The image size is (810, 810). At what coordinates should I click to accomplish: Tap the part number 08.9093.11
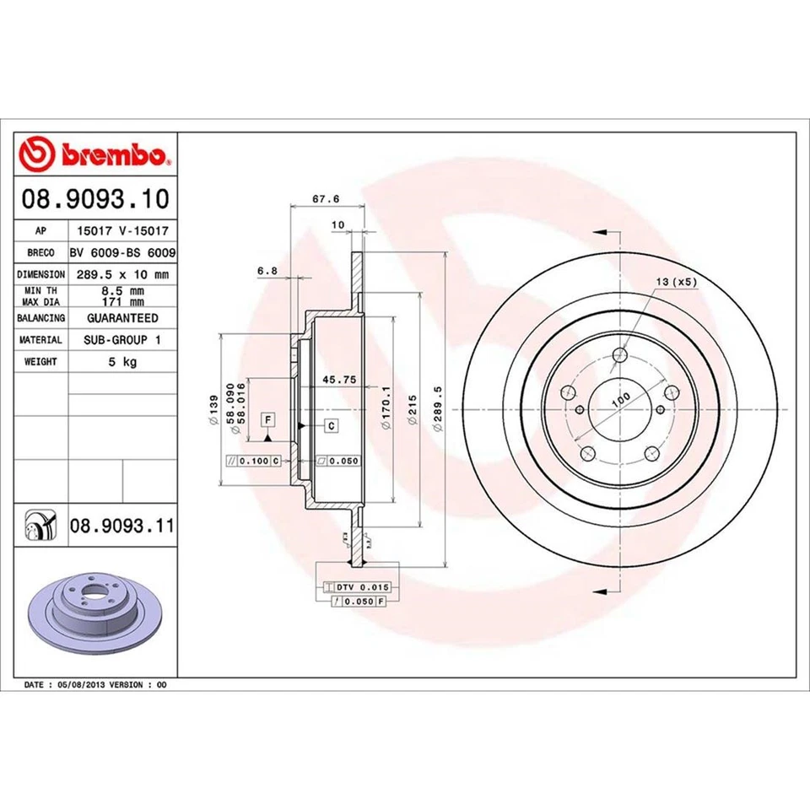[121, 526]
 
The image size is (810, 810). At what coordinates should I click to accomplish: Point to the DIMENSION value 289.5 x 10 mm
[122, 274]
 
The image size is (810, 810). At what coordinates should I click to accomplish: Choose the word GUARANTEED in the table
[122, 318]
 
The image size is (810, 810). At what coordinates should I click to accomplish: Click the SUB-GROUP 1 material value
[122, 340]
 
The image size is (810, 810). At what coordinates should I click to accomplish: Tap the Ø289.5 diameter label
[438, 409]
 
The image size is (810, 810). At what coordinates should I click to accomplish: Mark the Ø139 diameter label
[215, 409]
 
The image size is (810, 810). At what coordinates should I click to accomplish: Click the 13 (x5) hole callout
[676, 283]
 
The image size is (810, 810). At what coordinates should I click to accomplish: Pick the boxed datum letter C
[332, 426]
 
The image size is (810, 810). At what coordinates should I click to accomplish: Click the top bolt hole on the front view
[620, 355]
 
